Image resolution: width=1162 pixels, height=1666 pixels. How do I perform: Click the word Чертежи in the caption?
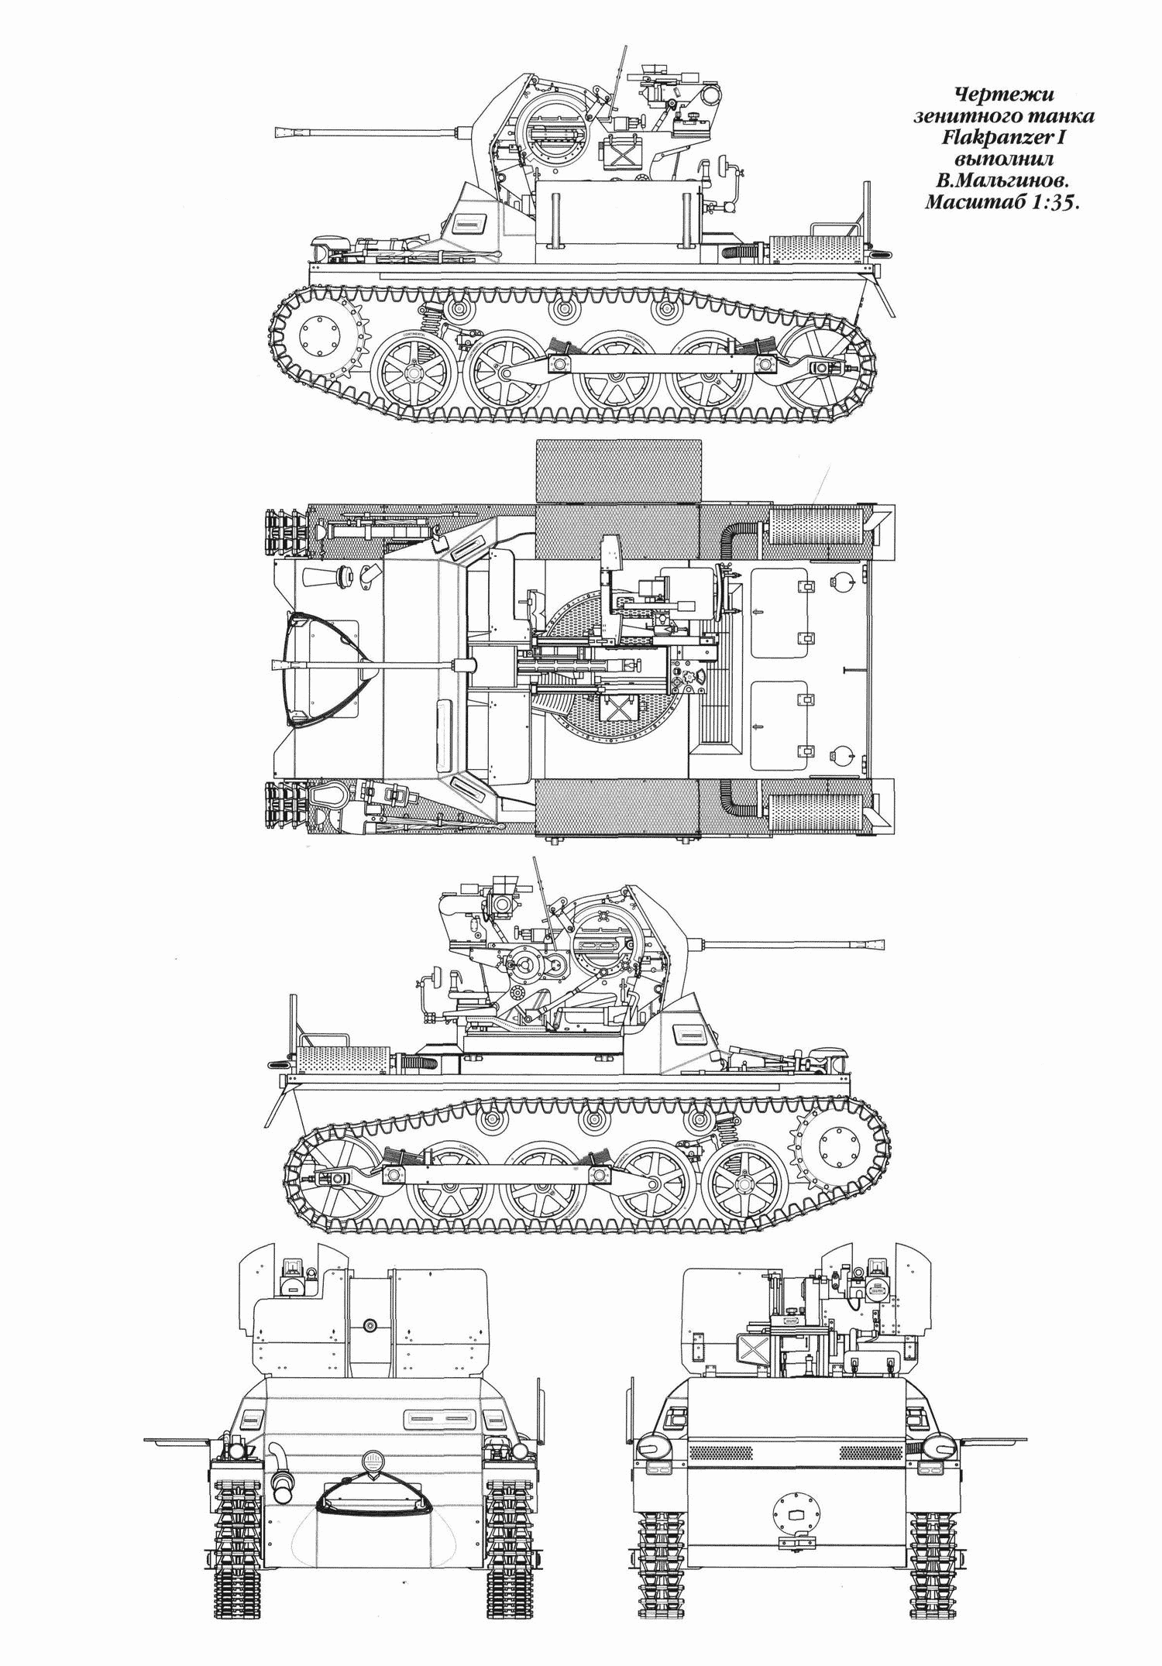point(1005,94)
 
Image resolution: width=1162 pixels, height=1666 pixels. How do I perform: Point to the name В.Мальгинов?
point(1005,182)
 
